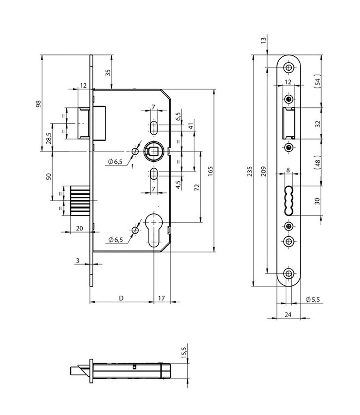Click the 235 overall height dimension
coord(250,171)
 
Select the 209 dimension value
coord(263,171)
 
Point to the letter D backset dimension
coord(121,298)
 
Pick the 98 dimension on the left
coord(38,104)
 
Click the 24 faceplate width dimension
coord(288,314)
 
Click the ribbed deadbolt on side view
coord(80,200)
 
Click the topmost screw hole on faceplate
coord(288,67)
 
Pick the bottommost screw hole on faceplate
coord(288,273)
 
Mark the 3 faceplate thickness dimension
coord(77,260)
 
